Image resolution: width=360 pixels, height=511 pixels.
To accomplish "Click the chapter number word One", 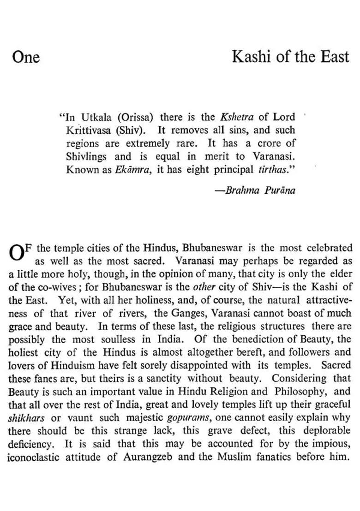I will click(x=26, y=57).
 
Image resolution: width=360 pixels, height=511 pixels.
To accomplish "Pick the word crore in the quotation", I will click(x=277, y=143).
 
